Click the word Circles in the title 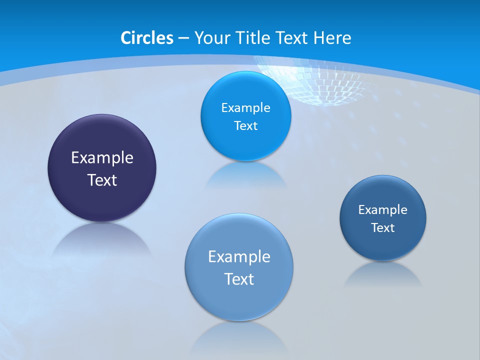pos(147,38)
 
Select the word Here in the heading pos(332,38)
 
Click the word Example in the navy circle pos(102,157)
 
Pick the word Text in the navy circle pos(102,180)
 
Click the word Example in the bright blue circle pos(245,107)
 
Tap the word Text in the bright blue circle pos(245,125)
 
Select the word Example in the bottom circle pos(239,256)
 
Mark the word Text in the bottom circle pos(239,279)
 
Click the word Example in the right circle pos(383,209)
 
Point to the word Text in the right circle pos(383,227)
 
